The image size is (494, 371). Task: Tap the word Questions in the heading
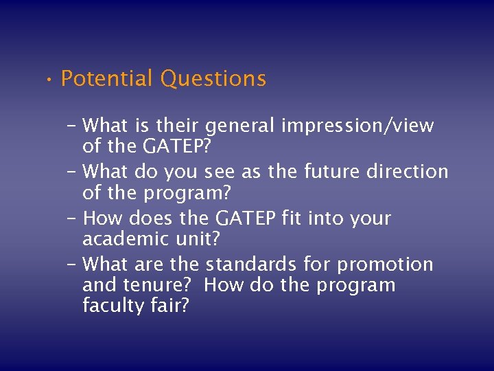(x=213, y=79)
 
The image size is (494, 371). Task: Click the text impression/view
(x=357, y=126)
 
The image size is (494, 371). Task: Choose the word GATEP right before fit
(x=247, y=218)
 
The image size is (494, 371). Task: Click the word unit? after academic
(x=200, y=239)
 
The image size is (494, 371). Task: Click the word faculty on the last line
(x=110, y=306)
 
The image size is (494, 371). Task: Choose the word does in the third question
(x=152, y=218)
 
